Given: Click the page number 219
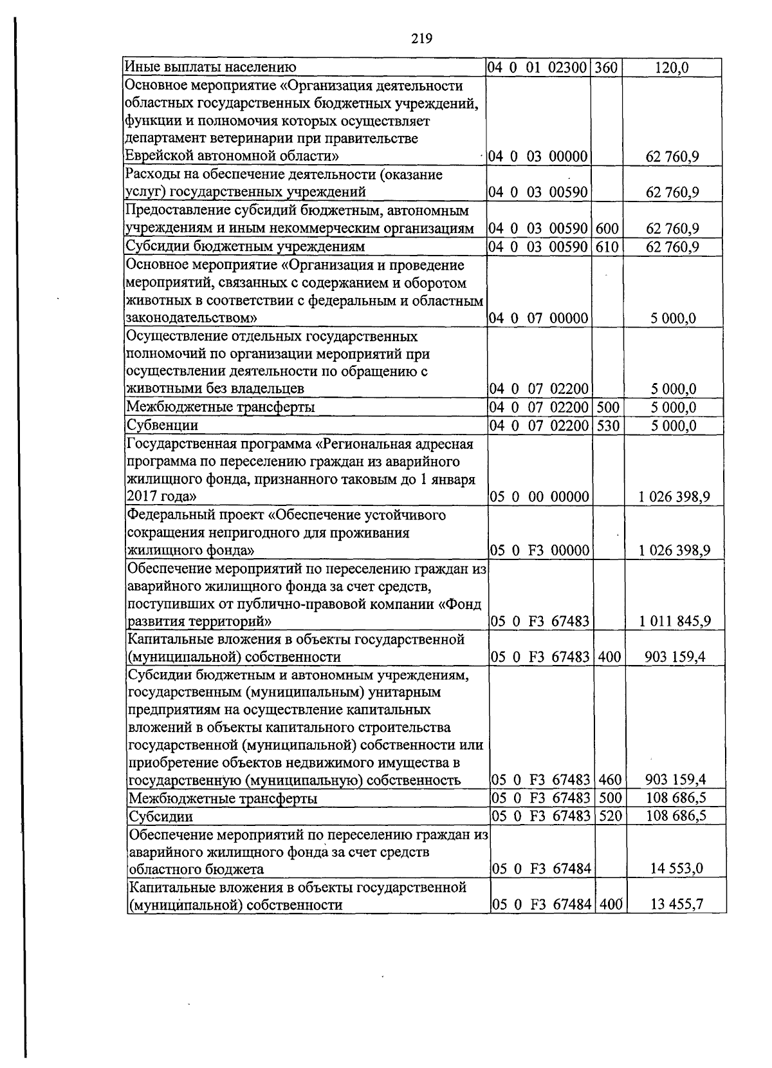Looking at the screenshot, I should (421, 39).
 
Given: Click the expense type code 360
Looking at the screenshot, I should (606, 68).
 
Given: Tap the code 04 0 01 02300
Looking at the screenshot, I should (538, 68).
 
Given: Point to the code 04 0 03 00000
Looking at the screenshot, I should (538, 156).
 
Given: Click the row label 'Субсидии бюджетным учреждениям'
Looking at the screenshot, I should (245, 247).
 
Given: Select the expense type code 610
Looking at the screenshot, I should (606, 247).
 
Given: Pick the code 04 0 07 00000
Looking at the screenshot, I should (538, 318).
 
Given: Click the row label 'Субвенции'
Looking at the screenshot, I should (162, 426).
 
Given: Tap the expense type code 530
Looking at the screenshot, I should (607, 426).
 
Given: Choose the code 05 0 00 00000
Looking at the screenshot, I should (540, 496).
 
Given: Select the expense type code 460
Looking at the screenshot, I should (609, 780).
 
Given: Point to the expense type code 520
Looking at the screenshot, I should (609, 816).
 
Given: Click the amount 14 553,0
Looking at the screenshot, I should (677, 869).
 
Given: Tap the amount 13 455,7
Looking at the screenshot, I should (677, 905).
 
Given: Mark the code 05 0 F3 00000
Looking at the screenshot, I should (540, 550).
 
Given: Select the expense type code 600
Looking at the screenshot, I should (606, 229).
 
